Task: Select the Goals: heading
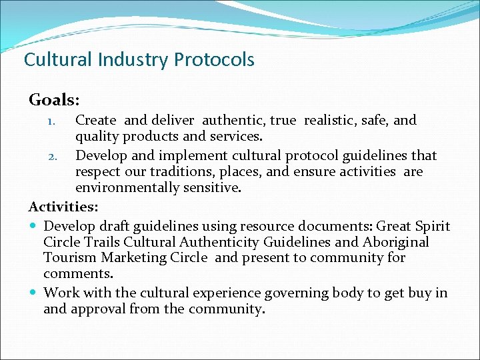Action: (54, 100)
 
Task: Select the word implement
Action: (163, 156)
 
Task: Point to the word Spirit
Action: (432, 227)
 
